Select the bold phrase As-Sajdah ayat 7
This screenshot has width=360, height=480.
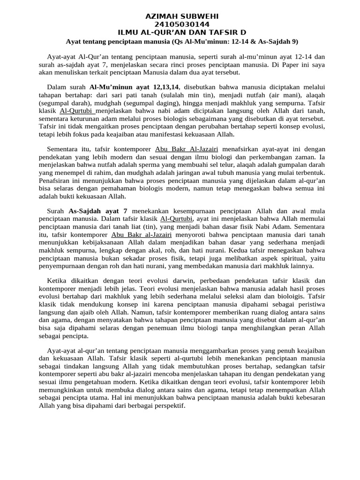[98, 211]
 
